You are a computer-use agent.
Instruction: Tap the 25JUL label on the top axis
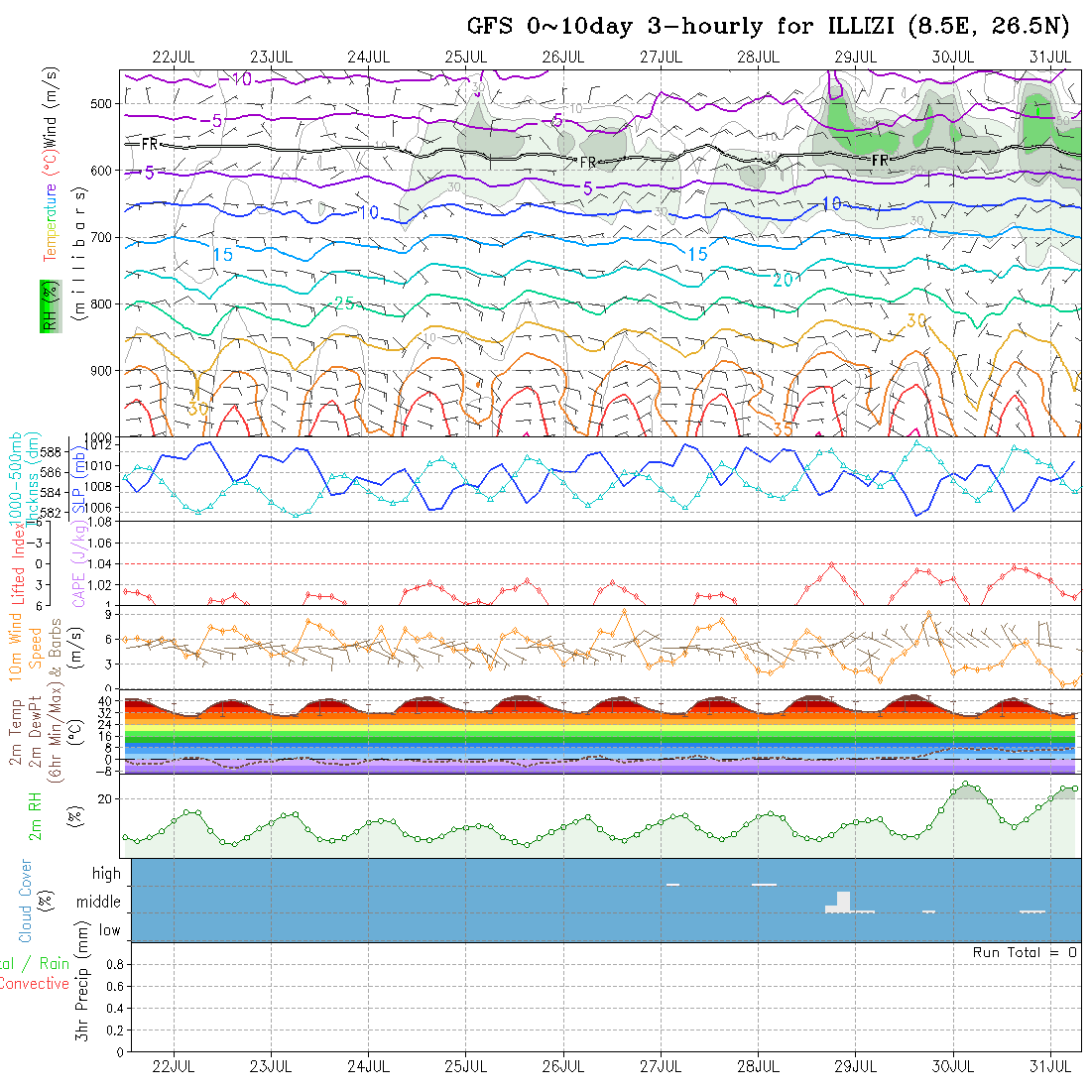tap(465, 57)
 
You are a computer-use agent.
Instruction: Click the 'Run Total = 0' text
tap(1025, 952)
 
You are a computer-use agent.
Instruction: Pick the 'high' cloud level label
tap(106, 874)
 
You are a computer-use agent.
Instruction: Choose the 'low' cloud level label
tap(109, 930)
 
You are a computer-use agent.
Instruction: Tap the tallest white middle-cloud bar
tap(843, 901)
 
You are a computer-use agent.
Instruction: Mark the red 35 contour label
tap(783, 429)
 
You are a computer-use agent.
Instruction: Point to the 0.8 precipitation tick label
tap(114, 964)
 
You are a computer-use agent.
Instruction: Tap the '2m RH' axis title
tap(35, 816)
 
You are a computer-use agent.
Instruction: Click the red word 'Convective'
tap(34, 984)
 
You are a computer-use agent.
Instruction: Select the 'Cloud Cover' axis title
tap(26, 901)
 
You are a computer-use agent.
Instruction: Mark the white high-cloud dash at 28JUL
tap(764, 884)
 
